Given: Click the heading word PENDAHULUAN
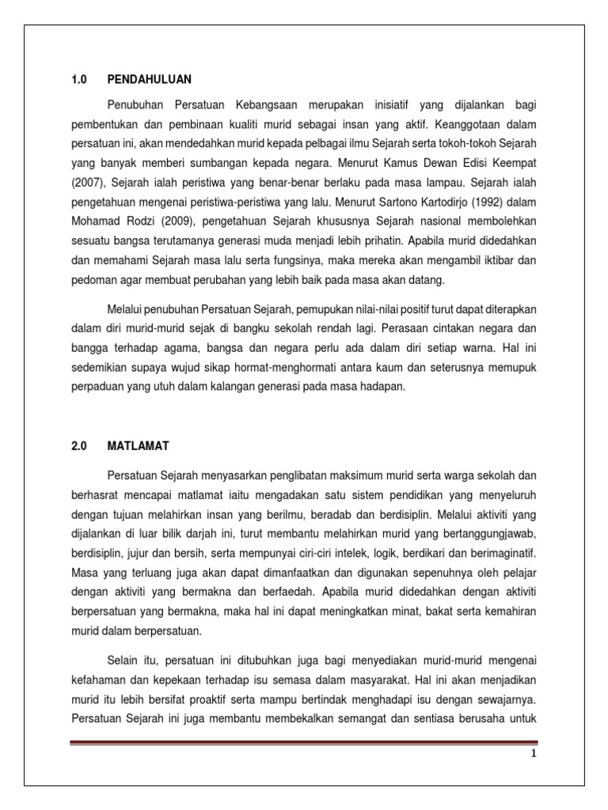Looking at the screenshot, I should [x=150, y=79].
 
